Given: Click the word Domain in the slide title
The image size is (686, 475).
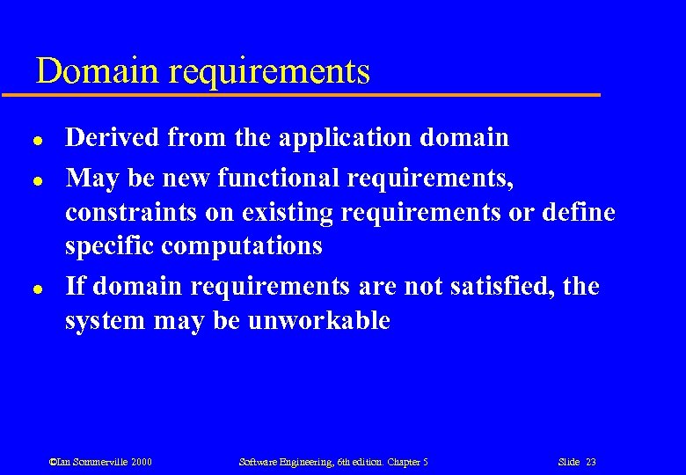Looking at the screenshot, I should click(x=92, y=70).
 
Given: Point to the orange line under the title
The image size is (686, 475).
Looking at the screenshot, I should click(x=317, y=94).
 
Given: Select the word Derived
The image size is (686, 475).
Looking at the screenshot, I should click(x=113, y=137).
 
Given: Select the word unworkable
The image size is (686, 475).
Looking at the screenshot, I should click(x=318, y=320).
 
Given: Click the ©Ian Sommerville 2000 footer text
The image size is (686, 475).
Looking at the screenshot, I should click(x=100, y=462).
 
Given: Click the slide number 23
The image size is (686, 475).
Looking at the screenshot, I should click(x=590, y=462).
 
